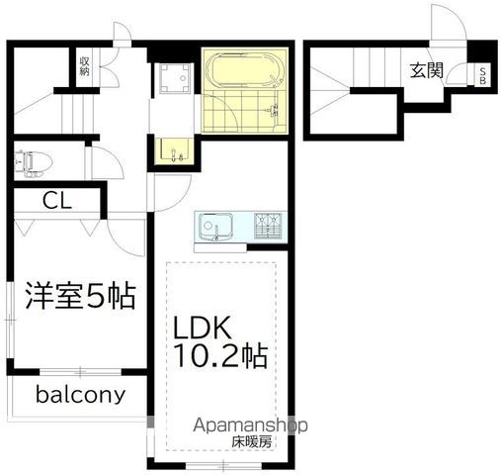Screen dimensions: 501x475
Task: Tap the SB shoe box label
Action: pos(482,76)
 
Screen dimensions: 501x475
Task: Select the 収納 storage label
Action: pos(84,66)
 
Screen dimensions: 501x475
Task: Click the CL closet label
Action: pos(57,200)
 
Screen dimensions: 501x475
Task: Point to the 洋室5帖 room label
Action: pos(81,295)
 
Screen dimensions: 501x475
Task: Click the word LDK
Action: pos(202,328)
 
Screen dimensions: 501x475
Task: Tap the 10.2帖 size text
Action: pos(220,355)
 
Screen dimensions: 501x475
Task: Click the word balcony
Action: pos(81,395)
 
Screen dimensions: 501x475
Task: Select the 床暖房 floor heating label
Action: pos(252,442)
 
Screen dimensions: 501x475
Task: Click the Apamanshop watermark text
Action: pos(250,426)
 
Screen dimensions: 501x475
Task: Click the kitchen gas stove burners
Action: pos(268,226)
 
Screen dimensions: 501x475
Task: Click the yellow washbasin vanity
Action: pos(175,151)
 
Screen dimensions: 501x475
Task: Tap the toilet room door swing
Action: pos(105,162)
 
